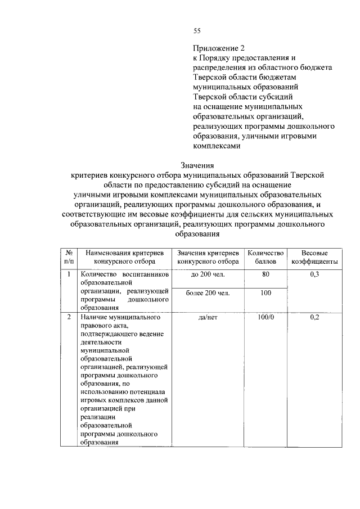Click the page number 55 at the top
click(x=197, y=30)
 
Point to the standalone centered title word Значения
click(x=197, y=165)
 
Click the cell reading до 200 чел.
click(x=208, y=274)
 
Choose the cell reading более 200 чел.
click(x=209, y=293)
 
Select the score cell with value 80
click(x=265, y=274)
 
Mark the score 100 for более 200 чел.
click(x=265, y=293)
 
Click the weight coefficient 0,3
click(x=314, y=274)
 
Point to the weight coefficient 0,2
click(x=314, y=317)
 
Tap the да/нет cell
click(x=208, y=317)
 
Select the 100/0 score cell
click(x=265, y=317)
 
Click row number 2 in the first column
click(x=68, y=317)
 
